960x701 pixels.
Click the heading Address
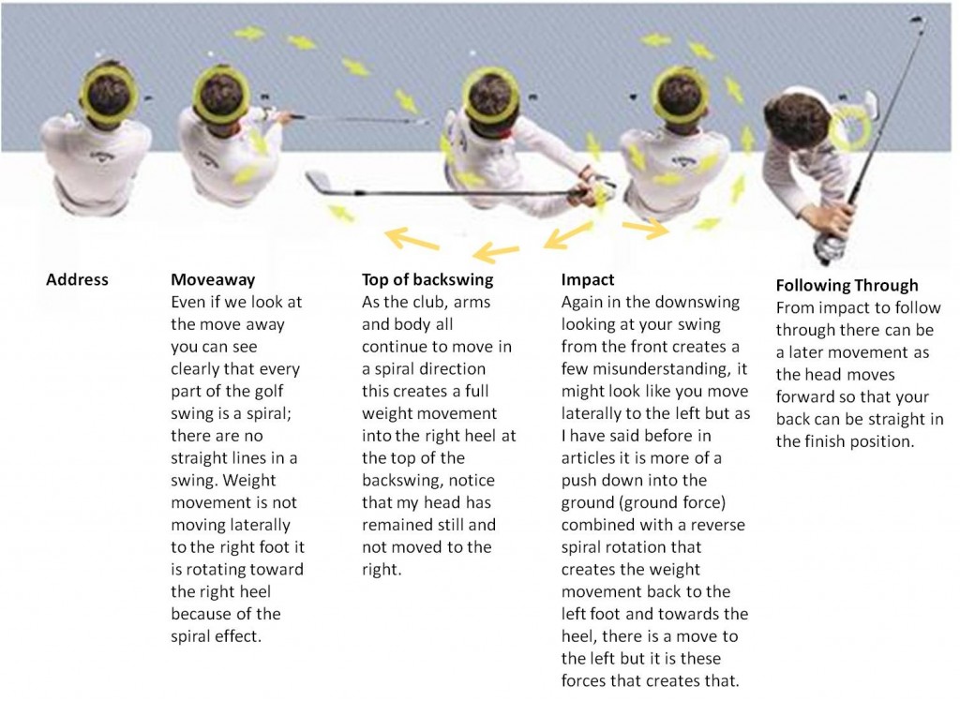coord(77,280)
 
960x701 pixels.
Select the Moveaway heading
coord(213,280)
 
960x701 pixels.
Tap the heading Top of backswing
coord(427,280)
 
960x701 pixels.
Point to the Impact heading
coord(588,280)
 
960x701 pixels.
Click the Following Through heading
coord(847,286)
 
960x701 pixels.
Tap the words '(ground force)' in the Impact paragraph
coord(672,503)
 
